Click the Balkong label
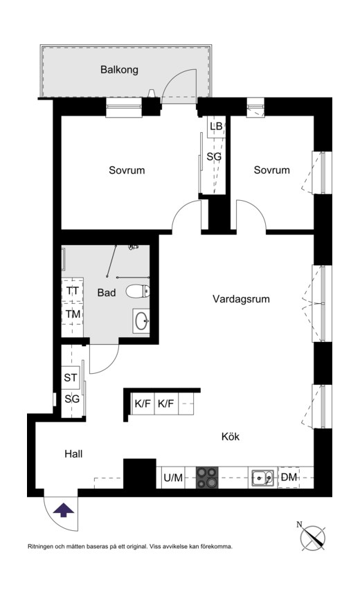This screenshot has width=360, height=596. coord(119,69)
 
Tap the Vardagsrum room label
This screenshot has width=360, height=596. coord(240,299)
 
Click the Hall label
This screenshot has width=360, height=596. coord(73,454)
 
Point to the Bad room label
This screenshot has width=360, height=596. coord(106,293)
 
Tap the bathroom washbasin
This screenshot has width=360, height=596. coord(141,321)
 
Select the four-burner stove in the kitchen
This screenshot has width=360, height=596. coord(207,477)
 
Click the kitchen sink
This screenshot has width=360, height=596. coord(262,476)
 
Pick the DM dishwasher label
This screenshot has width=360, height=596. coord(289,477)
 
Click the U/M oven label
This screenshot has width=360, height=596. coord(173,477)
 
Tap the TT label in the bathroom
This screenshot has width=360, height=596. coord(72,291)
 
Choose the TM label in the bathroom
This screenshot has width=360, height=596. coord(73,314)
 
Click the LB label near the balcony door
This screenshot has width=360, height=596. coord(216,126)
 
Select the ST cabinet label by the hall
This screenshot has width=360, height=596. coord(71,377)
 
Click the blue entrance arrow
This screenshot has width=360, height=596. coord(64,510)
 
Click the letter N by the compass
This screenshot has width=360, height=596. coord(299,525)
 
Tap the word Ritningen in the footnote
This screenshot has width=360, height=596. coord(43,546)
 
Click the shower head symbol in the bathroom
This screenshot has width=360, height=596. coord(135,246)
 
